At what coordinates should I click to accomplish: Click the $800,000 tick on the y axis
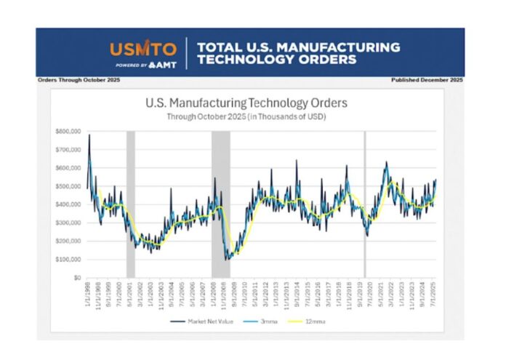[x=66, y=131]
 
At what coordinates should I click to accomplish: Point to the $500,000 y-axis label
[x=66, y=186]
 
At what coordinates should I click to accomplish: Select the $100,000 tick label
[x=66, y=260]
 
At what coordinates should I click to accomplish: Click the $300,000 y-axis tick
[x=66, y=223]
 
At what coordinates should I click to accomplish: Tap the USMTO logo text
[x=142, y=49]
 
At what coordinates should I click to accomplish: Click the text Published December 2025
[x=427, y=79]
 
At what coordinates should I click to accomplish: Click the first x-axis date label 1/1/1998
[x=88, y=294]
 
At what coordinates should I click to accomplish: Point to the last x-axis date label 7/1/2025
[x=434, y=294]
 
